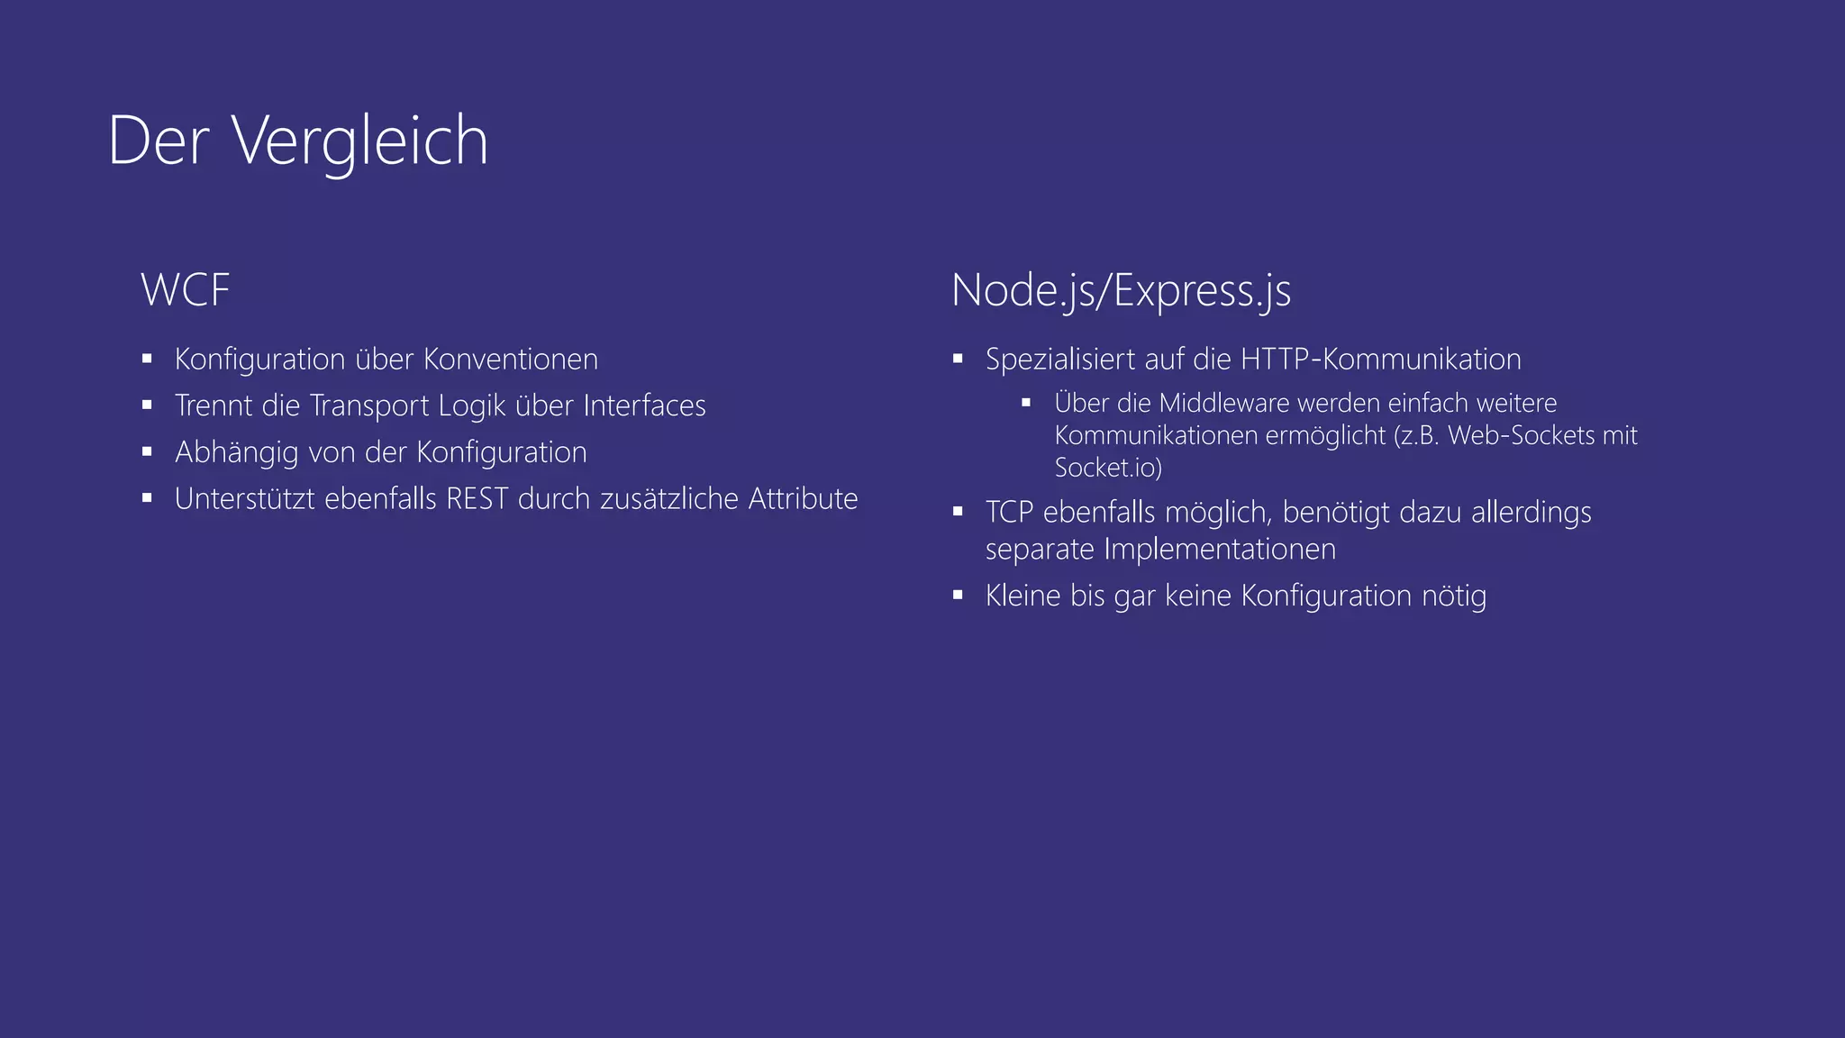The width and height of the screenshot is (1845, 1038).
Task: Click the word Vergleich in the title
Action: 360,141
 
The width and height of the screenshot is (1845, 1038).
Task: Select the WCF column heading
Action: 186,290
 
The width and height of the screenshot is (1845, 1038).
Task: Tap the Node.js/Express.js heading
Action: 1121,291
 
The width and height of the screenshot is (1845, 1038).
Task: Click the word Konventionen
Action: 510,360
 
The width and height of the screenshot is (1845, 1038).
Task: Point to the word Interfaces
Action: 644,405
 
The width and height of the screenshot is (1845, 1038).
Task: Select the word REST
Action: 477,498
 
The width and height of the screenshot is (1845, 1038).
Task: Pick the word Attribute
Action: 803,498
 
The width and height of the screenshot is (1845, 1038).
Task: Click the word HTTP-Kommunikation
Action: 1380,360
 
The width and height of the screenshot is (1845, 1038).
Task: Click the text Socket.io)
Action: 1108,468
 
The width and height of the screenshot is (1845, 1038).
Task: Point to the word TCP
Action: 1009,512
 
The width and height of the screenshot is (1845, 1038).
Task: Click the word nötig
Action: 1453,596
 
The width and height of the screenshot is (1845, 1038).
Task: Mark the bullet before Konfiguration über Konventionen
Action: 147,359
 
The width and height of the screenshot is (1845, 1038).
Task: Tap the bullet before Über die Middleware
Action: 1026,403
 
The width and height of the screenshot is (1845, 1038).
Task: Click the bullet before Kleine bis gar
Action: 958,595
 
